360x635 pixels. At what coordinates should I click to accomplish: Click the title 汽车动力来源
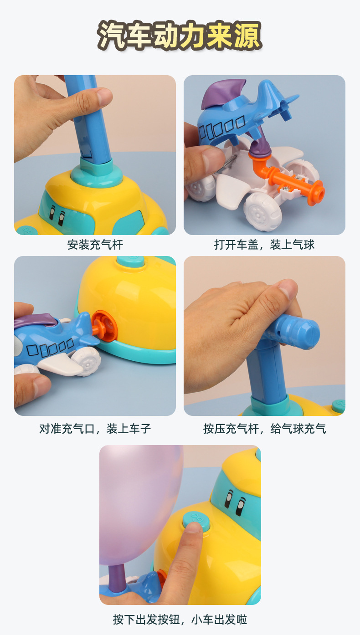180,36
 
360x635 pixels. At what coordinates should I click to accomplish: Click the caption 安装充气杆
95,245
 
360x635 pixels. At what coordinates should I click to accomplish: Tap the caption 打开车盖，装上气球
264,245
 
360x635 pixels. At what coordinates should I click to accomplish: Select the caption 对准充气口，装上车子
95,428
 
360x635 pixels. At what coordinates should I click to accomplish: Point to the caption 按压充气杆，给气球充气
264,428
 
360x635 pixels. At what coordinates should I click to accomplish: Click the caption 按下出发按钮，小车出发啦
180,619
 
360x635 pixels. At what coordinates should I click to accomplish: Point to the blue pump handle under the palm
296,330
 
